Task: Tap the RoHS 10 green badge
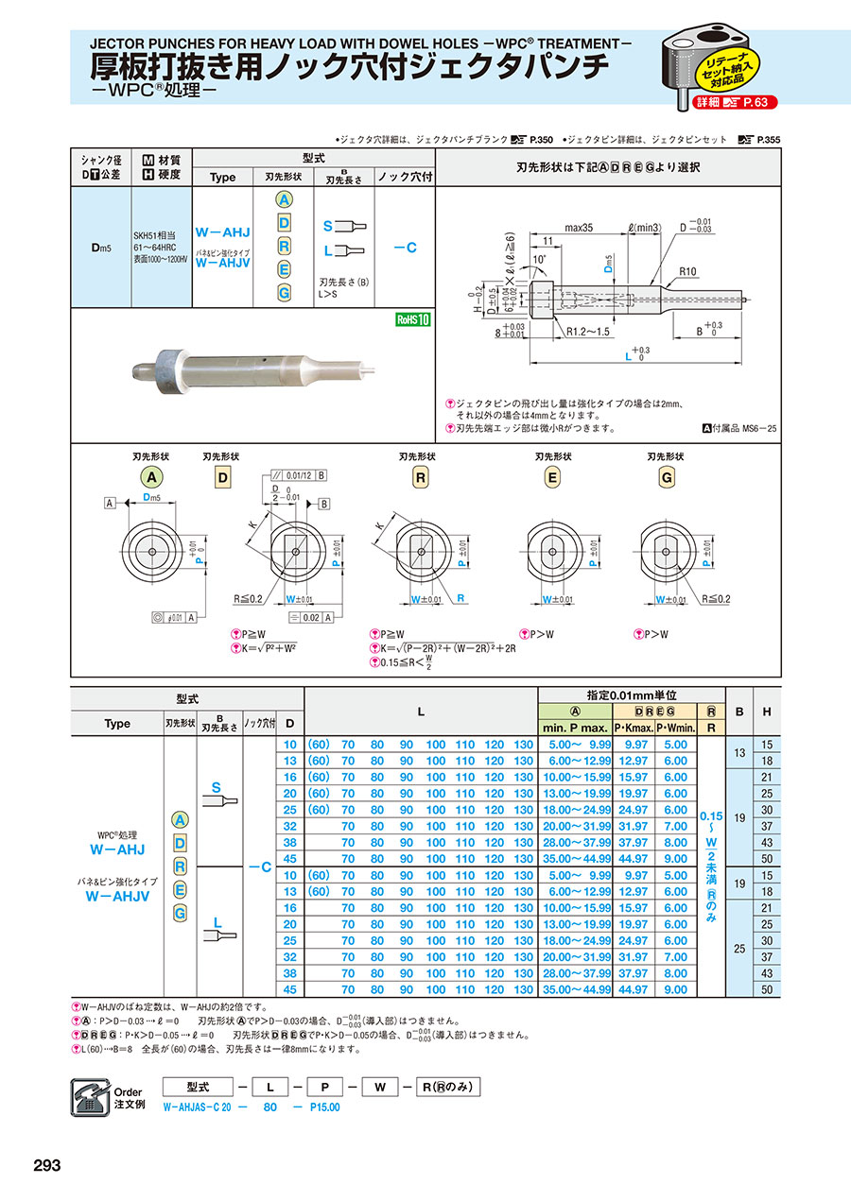[413, 319]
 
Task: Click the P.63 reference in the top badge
[760, 101]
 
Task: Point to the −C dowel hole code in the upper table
[405, 248]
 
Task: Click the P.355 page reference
[768, 139]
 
